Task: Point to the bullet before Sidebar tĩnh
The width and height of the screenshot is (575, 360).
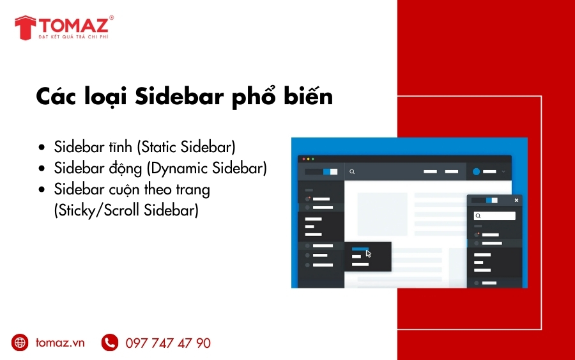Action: (42, 147)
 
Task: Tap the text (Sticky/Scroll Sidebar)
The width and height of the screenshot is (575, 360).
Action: (126, 210)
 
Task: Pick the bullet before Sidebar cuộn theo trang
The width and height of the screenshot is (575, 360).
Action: (42, 190)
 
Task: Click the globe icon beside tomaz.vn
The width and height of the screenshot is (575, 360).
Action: (20, 343)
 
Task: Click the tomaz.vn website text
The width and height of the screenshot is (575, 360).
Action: (60, 343)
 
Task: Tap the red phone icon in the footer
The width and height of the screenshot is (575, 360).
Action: (110, 343)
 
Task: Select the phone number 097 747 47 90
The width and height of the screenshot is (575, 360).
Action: (168, 343)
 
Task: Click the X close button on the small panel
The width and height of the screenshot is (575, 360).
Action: (516, 200)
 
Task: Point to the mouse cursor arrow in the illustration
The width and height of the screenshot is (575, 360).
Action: (369, 254)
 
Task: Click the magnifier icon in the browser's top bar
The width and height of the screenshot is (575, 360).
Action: (352, 172)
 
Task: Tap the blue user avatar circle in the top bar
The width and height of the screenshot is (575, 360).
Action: (476, 171)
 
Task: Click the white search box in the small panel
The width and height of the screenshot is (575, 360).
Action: (494, 216)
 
